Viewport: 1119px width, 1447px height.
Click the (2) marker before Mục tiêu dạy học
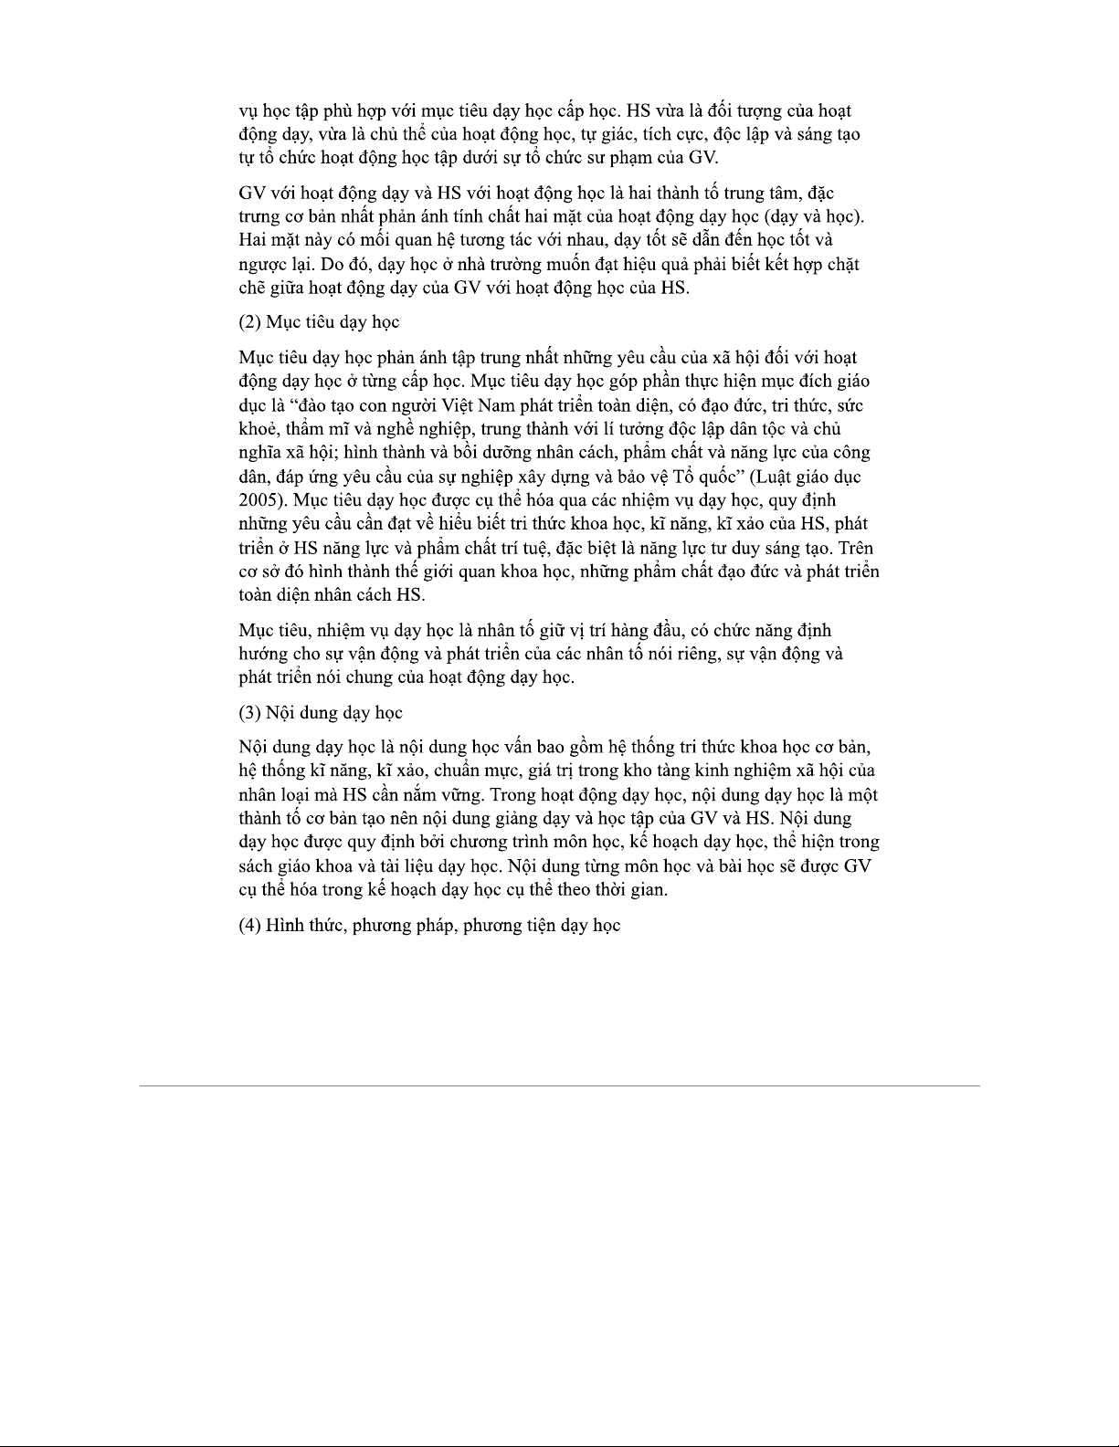(249, 322)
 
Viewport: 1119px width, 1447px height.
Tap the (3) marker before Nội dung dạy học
(249, 713)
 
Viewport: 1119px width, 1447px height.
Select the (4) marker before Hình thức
(249, 926)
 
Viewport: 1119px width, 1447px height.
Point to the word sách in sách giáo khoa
(255, 866)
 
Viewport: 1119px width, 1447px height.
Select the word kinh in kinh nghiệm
(713, 771)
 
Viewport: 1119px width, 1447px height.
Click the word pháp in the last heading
(436, 926)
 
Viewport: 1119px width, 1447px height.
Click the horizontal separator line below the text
(559, 1085)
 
